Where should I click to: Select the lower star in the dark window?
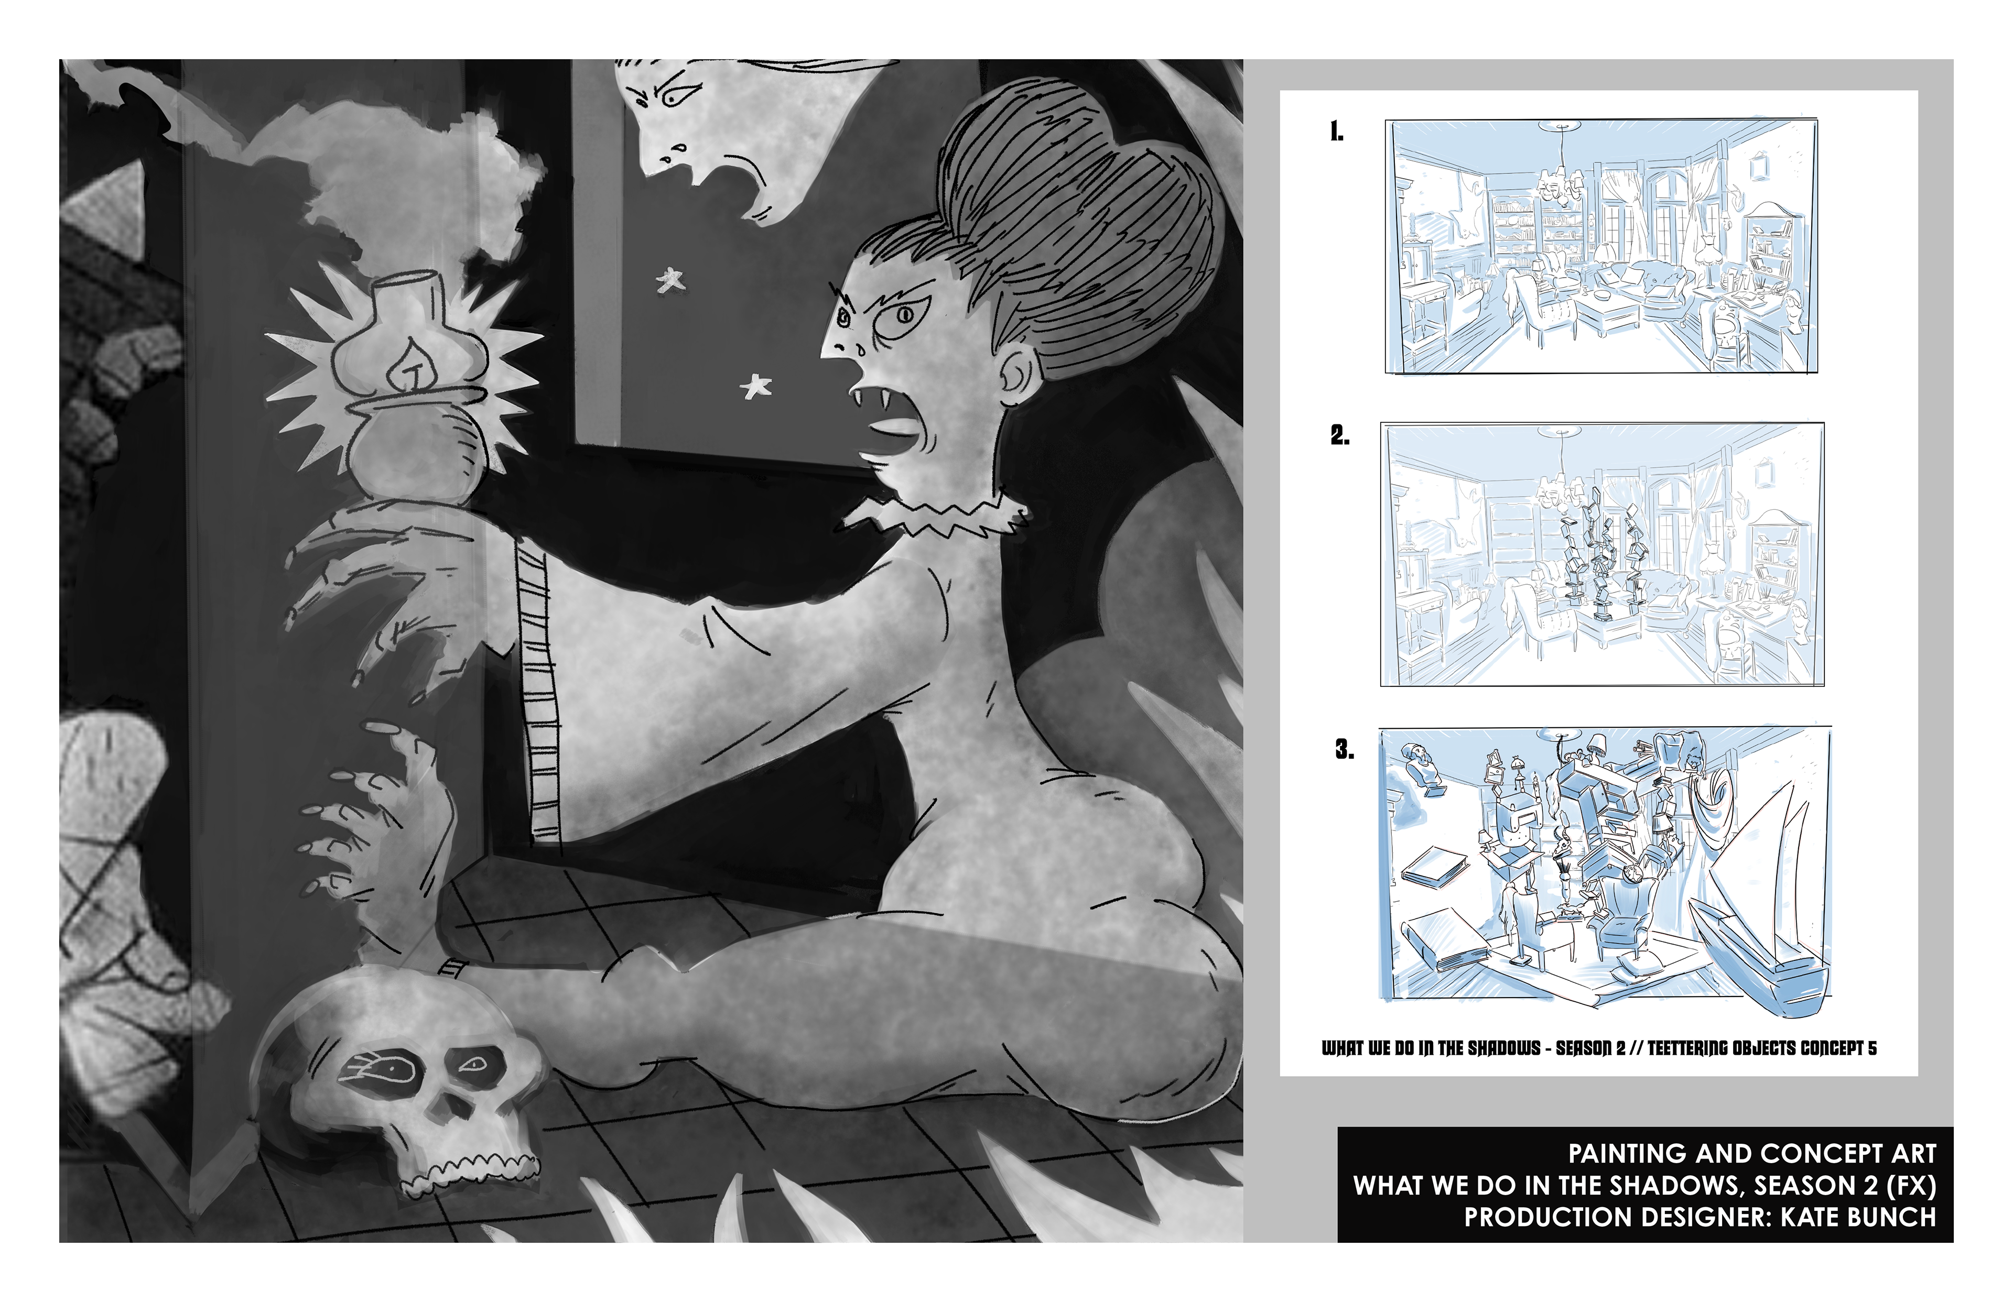click(755, 387)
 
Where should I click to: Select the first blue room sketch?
click(1601, 246)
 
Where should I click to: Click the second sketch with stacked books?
click(1602, 554)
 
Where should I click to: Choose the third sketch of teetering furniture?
click(1605, 864)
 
